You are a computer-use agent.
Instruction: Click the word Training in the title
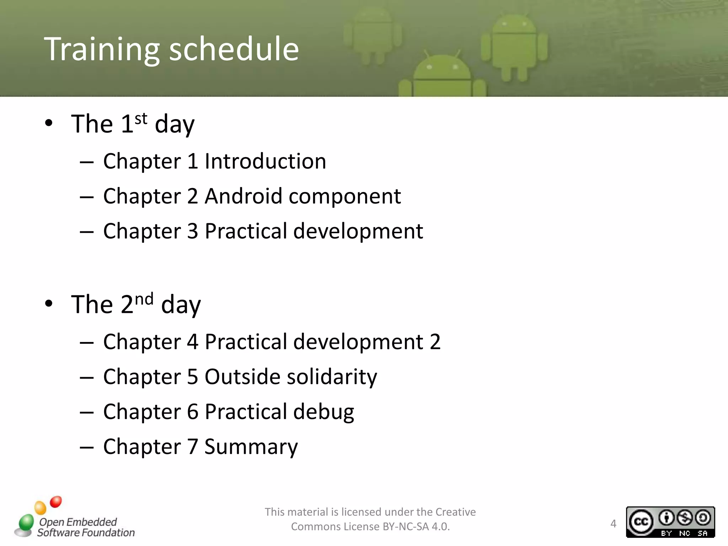(102, 50)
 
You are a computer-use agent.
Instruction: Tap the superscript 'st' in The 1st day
(141, 119)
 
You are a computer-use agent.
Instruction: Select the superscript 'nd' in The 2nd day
(144, 299)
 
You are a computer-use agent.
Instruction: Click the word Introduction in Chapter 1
(265, 161)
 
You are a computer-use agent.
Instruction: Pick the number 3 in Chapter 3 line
(192, 231)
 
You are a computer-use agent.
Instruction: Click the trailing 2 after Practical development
(435, 342)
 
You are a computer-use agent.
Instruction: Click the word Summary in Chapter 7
(251, 447)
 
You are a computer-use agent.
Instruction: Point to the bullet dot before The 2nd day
(49, 304)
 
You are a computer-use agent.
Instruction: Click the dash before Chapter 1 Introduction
(87, 162)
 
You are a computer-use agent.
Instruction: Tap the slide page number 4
(613, 524)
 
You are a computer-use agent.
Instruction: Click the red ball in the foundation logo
(56, 502)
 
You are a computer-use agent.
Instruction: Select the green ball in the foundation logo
(26, 522)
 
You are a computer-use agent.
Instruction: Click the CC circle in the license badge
(641, 521)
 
